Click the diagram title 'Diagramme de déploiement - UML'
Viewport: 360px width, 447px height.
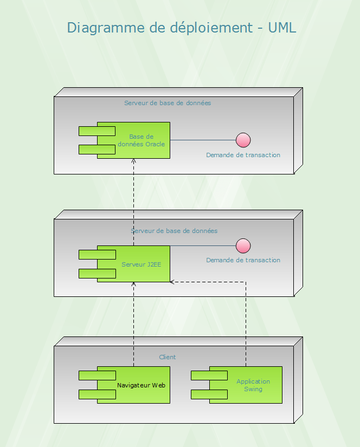(x=182, y=28)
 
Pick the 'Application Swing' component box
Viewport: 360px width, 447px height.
(x=253, y=385)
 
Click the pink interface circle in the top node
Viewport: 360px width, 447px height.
(x=243, y=140)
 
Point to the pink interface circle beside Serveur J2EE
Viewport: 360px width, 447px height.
(x=243, y=246)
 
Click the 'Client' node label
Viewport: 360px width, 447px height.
(x=168, y=357)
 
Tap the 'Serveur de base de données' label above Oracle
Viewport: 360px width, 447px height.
(x=168, y=103)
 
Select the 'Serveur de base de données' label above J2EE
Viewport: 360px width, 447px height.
(x=174, y=231)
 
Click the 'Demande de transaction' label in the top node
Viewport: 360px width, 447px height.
(x=243, y=155)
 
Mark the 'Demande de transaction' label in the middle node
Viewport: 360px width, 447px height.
(x=243, y=260)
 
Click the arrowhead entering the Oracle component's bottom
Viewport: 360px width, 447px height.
(x=134, y=161)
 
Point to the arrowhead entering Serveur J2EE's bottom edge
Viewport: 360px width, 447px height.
(x=134, y=284)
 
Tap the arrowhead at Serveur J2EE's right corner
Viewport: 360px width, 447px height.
(x=172, y=282)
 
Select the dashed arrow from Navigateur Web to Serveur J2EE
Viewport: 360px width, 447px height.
(x=134, y=325)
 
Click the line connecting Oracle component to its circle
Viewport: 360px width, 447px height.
(x=203, y=140)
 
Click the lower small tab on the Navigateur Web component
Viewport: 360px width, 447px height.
(x=97, y=394)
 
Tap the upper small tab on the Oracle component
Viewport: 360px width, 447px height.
(x=97, y=131)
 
